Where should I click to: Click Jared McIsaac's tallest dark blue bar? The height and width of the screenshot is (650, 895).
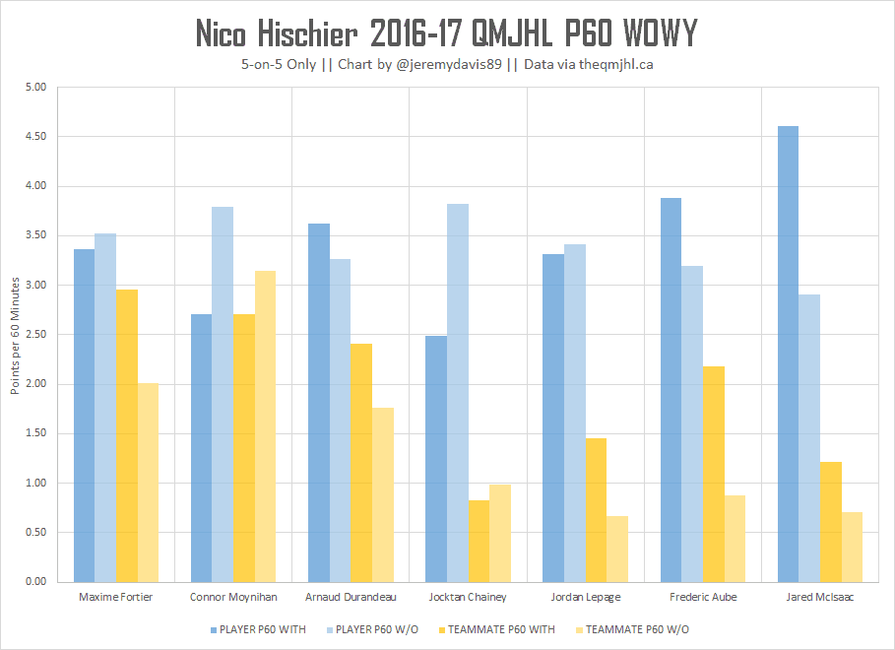click(x=788, y=355)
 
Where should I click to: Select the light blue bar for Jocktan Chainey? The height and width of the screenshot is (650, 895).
click(x=457, y=393)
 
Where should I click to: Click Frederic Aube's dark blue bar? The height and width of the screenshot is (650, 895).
click(x=671, y=390)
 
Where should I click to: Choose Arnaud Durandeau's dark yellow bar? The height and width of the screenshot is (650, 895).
click(x=361, y=463)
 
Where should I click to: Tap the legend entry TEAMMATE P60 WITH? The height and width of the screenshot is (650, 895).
click(x=501, y=629)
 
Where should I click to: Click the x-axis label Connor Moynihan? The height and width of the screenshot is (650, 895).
click(x=232, y=597)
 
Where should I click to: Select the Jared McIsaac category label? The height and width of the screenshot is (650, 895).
click(x=820, y=597)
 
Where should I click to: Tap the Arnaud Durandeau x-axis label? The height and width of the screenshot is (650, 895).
click(x=351, y=597)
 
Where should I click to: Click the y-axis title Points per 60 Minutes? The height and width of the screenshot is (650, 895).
click(x=15, y=335)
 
